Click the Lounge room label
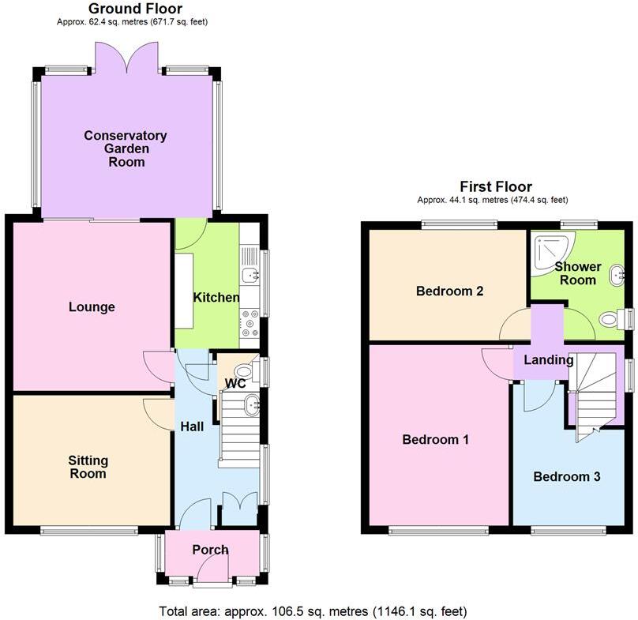tap(92, 307)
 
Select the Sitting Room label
tap(88, 467)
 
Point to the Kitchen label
tap(216, 298)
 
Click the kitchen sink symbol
tap(250, 276)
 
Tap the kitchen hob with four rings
tap(250, 319)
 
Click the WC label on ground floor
tap(235, 384)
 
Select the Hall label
tap(192, 426)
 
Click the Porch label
tap(210, 550)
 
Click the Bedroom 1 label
tap(436, 439)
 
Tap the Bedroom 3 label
tap(566, 476)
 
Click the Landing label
tap(549, 360)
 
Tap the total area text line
tap(313, 611)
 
